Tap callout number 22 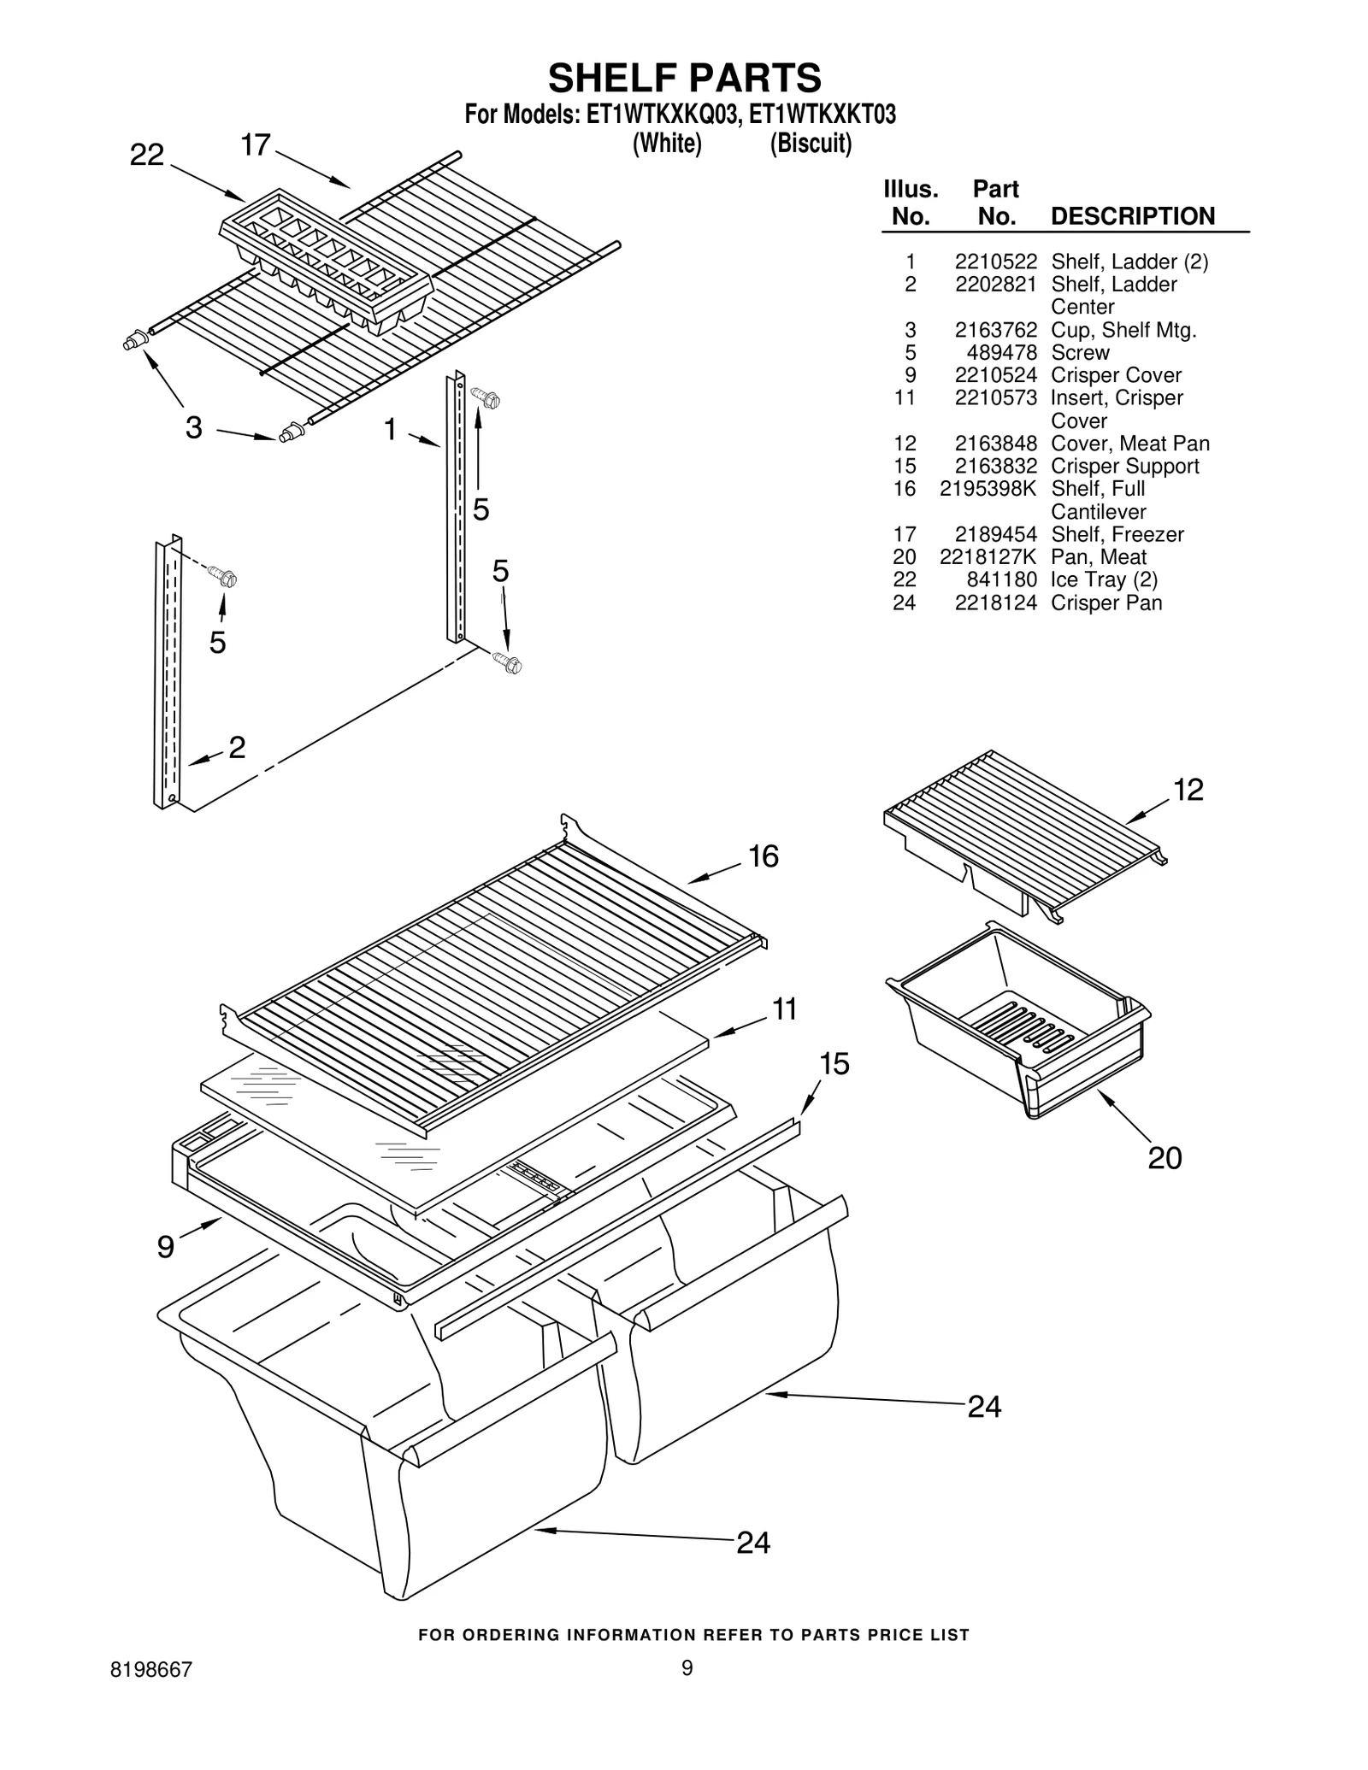146,155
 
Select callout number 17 256,145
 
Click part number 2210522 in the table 995,262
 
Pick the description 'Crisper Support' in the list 1124,466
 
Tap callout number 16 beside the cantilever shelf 763,856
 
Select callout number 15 834,1064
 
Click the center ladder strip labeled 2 168,675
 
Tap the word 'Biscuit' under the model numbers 810,144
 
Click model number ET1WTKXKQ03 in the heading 660,115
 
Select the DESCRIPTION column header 1132,216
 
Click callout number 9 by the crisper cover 166,1247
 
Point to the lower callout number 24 752,1543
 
